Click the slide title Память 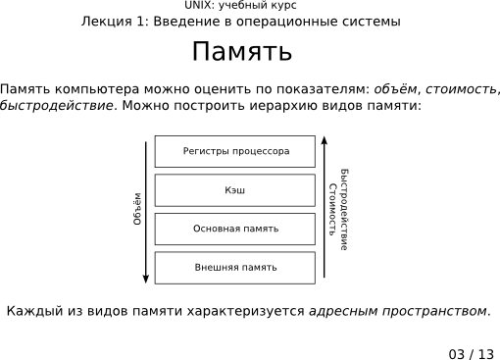tap(241, 52)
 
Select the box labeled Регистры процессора tap(235, 152)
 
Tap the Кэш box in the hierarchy tap(235, 190)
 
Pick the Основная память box tap(235, 229)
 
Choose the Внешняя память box tap(235, 267)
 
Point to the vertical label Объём tap(138, 209)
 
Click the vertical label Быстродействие tap(344, 209)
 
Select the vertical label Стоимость tap(333, 209)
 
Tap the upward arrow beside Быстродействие tap(325, 196)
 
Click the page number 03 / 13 tap(472, 353)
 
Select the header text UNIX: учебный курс tap(241, 6)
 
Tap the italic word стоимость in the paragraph tap(464, 89)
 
